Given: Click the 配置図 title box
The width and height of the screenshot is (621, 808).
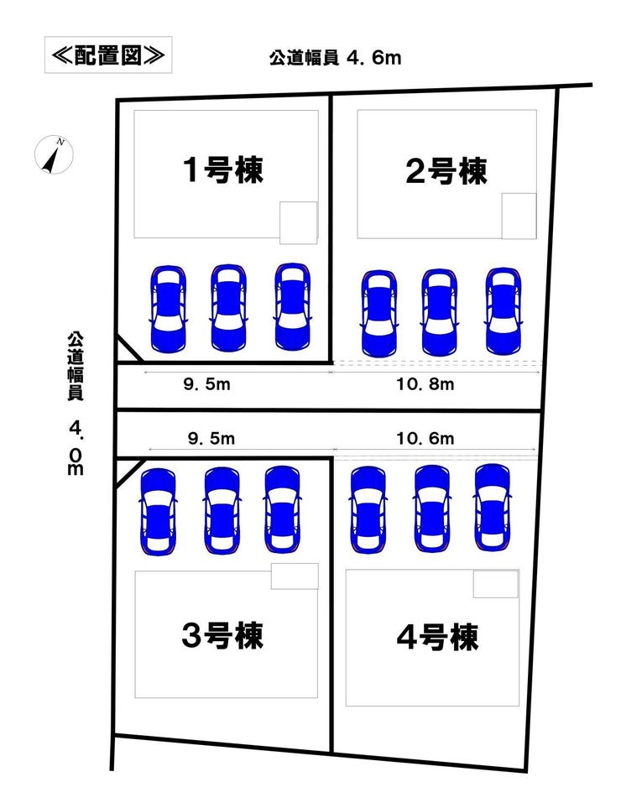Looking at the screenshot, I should click(x=107, y=55).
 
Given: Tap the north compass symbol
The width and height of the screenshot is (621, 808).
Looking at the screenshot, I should click(x=54, y=155).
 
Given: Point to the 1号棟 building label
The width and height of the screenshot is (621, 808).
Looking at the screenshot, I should click(x=223, y=171).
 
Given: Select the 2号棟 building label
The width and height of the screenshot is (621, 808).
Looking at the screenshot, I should click(x=446, y=171).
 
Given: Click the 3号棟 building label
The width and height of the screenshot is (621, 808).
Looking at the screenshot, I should click(x=222, y=635).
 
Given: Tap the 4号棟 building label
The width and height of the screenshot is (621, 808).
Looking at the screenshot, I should click(x=437, y=638).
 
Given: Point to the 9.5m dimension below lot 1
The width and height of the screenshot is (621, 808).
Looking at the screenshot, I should click(x=206, y=385).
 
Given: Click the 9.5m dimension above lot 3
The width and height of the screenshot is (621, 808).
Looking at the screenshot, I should click(x=206, y=439).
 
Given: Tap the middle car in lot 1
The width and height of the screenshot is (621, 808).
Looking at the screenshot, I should click(x=228, y=308).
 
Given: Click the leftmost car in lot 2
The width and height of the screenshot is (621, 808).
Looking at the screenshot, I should click(x=378, y=312).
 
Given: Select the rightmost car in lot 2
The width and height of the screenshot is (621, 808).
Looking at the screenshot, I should click(x=504, y=311).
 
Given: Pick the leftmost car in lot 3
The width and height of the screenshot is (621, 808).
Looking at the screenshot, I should click(x=159, y=511).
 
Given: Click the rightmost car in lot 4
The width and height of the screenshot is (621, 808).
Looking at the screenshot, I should click(x=493, y=508).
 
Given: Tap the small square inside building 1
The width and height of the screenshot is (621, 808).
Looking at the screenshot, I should click(x=298, y=222).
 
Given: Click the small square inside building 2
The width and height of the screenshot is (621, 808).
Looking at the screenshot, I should click(x=519, y=216).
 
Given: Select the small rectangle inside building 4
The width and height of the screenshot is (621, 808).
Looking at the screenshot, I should click(x=495, y=584).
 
